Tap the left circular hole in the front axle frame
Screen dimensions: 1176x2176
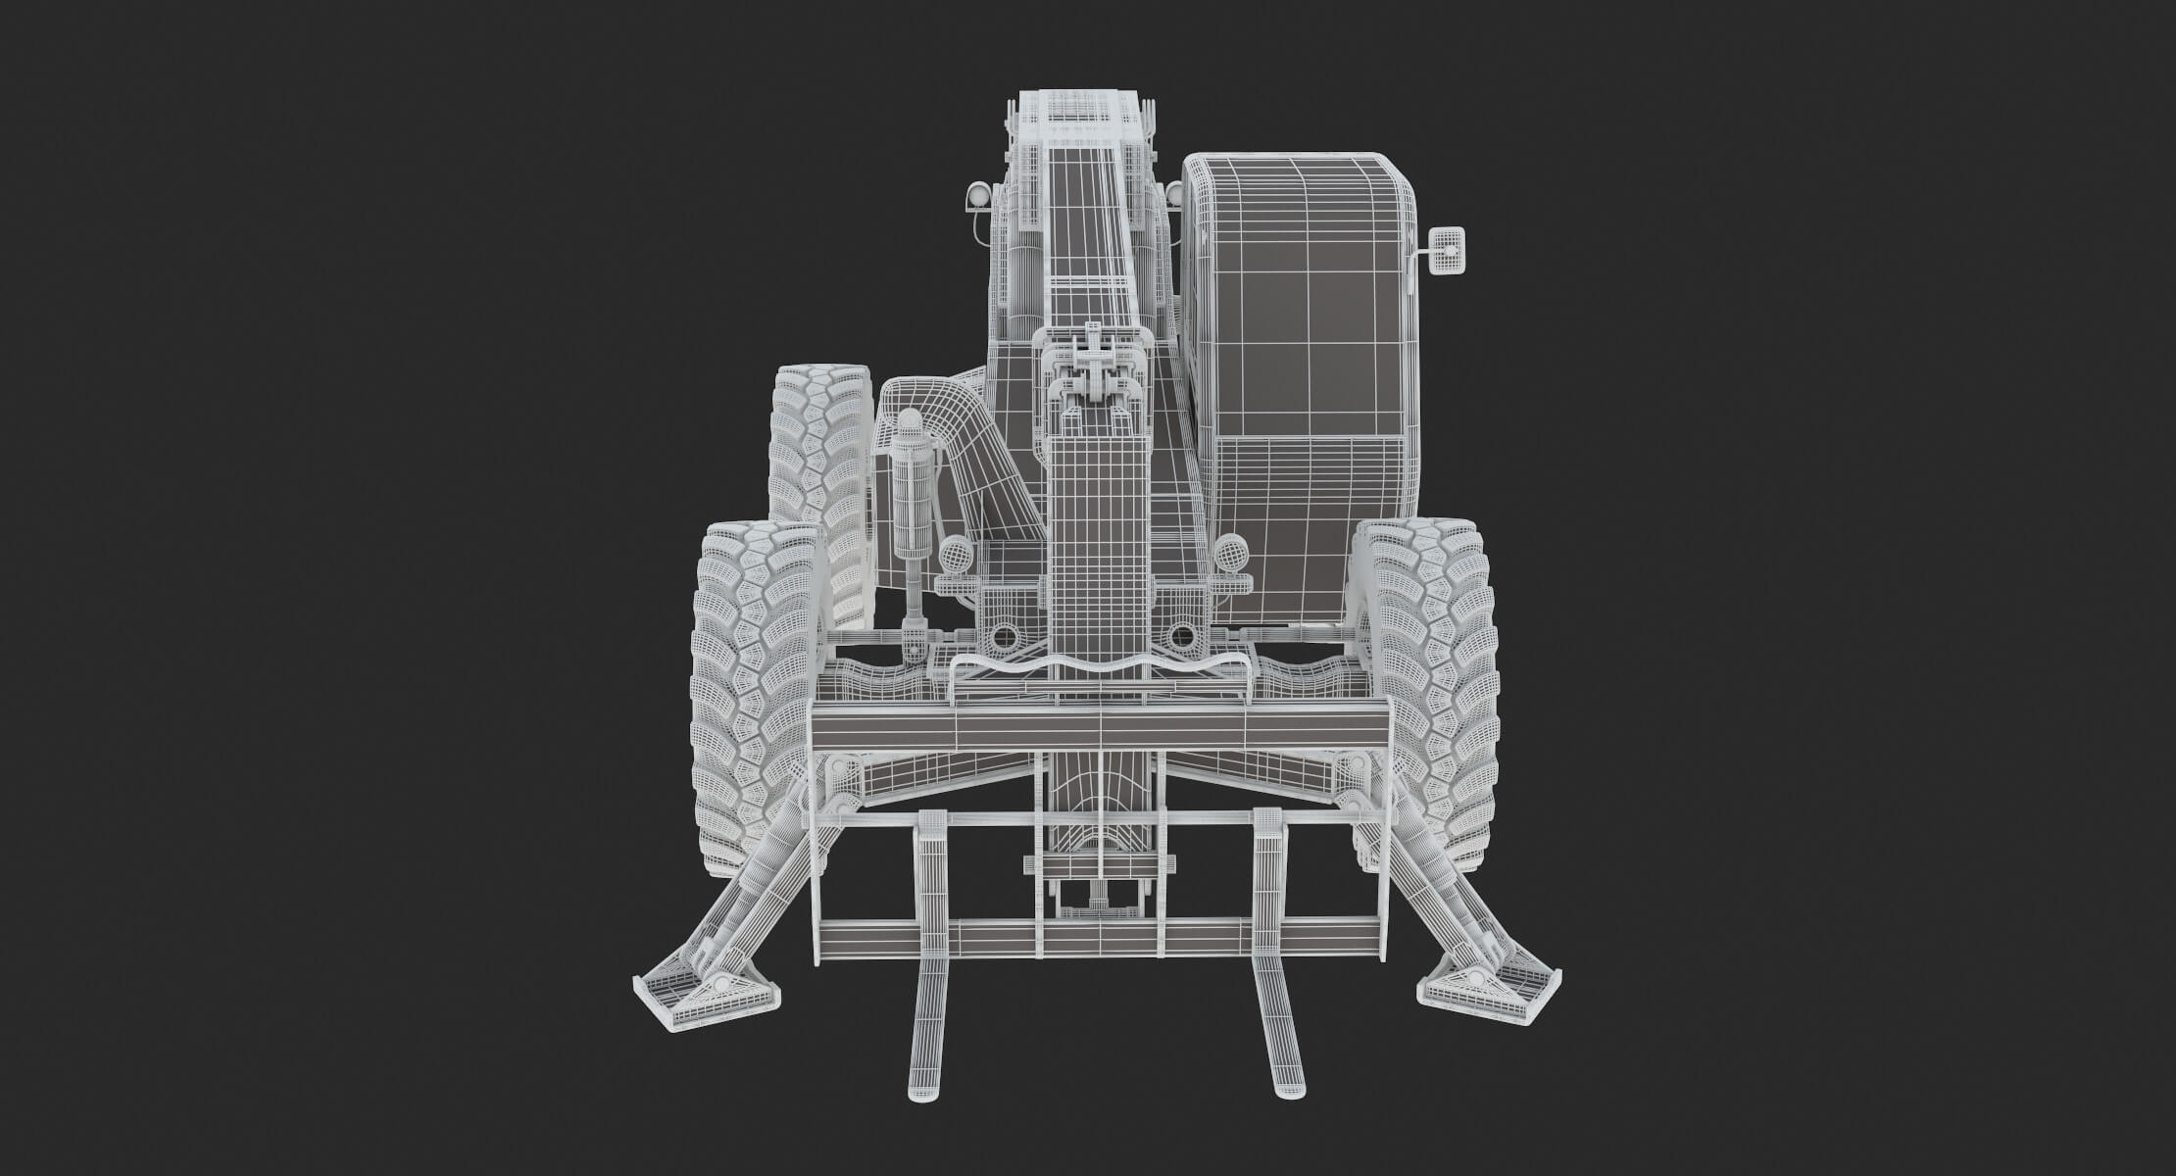[1004, 638]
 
